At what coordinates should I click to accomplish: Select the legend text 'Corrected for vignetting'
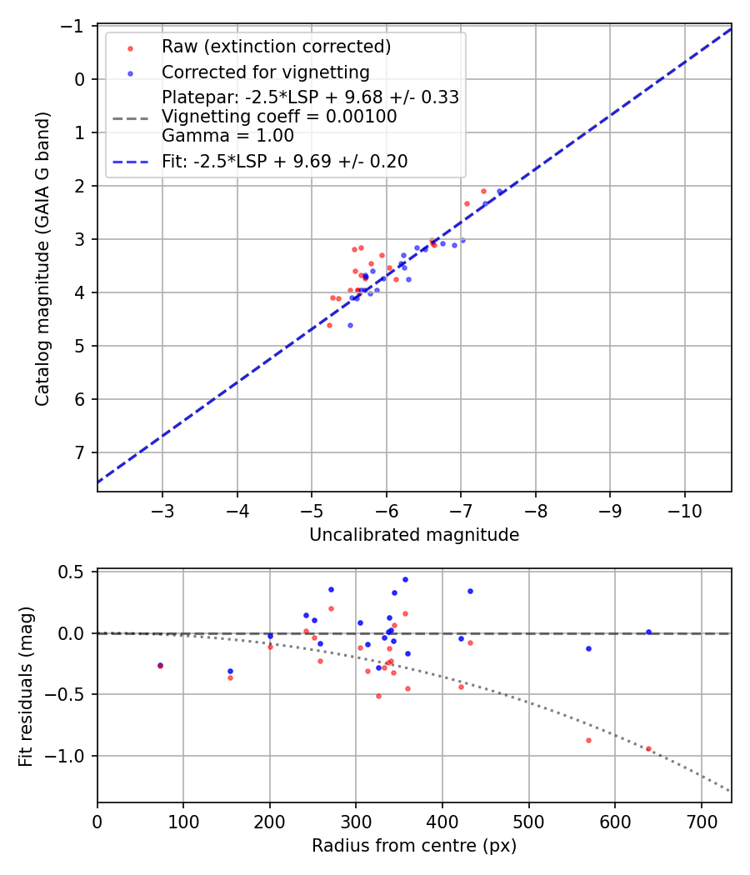[264, 72]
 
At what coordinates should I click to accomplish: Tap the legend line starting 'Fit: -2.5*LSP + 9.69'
[284, 162]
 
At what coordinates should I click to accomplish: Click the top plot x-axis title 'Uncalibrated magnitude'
[414, 535]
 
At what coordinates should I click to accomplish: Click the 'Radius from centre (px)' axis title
[414, 846]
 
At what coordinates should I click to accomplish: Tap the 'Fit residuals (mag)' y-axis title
[25, 685]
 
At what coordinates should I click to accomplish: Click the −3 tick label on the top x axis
[162, 510]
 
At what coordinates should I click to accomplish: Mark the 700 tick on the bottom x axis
[701, 821]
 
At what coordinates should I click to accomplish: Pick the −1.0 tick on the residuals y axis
[71, 756]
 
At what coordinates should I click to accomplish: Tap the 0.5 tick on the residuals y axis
[76, 572]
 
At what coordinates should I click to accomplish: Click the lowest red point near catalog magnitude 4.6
[329, 325]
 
